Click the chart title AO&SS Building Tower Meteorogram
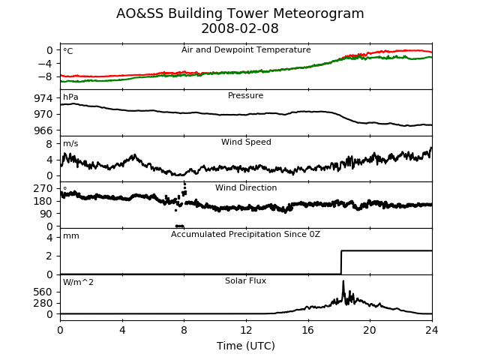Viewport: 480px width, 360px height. click(240, 13)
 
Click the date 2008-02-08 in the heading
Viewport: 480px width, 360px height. click(240, 28)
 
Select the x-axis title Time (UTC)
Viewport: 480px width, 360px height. click(246, 346)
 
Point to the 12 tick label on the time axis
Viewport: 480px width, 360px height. click(246, 330)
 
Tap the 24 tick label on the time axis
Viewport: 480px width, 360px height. click(432, 330)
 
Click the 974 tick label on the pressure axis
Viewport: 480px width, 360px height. click(43, 98)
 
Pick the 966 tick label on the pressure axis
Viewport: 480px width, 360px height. click(43, 130)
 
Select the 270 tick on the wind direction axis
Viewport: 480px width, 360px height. click(43, 188)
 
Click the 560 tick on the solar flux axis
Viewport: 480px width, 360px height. click(43, 292)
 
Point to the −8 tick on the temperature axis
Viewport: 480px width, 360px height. click(45, 76)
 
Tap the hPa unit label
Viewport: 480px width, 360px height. click(70, 97)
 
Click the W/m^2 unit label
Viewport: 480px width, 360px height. click(78, 282)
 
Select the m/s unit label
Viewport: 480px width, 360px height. click(70, 143)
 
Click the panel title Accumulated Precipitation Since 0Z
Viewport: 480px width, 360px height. click(245, 235)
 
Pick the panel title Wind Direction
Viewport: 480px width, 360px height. click(246, 187)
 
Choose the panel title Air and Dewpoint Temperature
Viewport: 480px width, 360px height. click(246, 49)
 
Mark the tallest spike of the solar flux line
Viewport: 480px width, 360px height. click(343, 281)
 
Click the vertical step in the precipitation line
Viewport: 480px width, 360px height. click(341, 262)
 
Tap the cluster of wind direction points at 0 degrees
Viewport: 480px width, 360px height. click(180, 226)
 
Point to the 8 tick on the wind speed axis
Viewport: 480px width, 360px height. click(49, 144)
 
